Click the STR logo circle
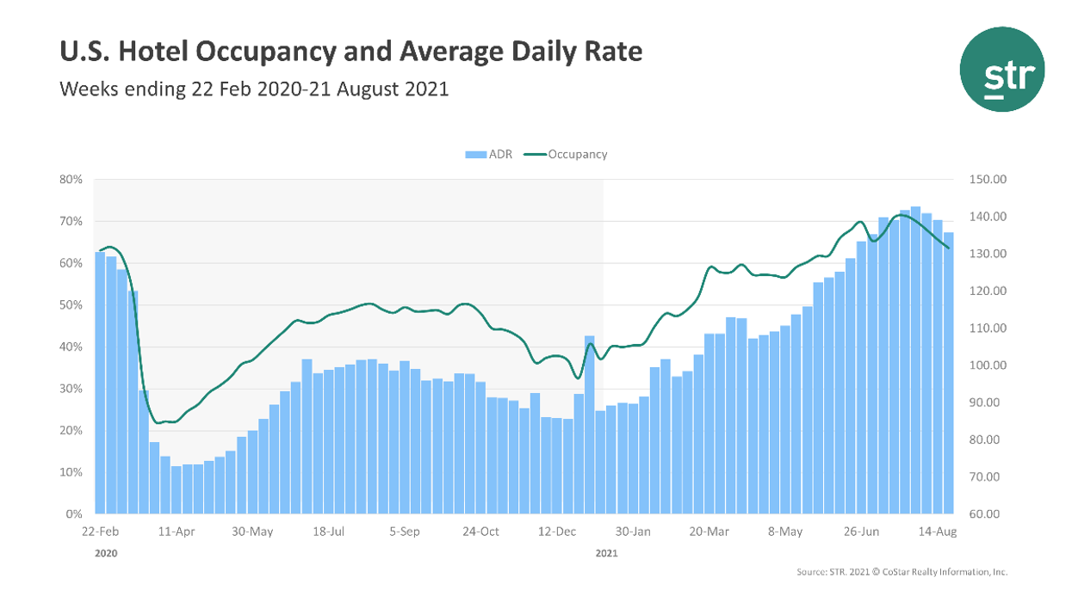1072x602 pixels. pos(1002,70)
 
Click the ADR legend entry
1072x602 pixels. pos(489,155)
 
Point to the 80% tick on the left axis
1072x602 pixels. pos(70,180)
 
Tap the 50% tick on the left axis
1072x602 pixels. pos(70,305)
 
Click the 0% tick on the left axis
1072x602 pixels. pos(73,514)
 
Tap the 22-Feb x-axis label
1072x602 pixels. pos(100,532)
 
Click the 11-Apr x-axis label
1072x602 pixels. pos(177,532)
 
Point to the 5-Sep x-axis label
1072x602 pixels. pos(405,532)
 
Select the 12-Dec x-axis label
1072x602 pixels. pos(557,532)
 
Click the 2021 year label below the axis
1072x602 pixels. pos(606,554)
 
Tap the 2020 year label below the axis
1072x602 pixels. pos(105,554)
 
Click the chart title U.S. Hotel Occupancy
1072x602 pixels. pos(350,52)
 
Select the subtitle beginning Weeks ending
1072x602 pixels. pos(254,89)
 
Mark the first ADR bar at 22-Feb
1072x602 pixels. pos(100,383)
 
